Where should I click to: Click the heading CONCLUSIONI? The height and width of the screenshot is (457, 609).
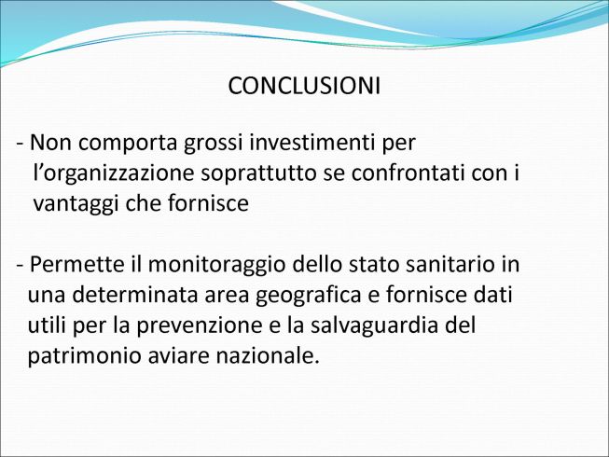coord(304,86)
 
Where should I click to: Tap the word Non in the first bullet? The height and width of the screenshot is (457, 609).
coord(50,143)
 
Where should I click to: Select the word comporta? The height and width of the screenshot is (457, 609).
coord(128,144)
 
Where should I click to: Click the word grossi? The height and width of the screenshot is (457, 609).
coord(214,144)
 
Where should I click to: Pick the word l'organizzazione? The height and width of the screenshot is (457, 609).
coord(114,174)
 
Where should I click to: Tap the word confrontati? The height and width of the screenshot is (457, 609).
coord(408,173)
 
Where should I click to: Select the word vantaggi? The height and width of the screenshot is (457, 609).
coord(76,204)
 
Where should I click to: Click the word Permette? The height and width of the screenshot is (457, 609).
coord(76,264)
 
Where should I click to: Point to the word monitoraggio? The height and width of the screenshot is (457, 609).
coord(217,266)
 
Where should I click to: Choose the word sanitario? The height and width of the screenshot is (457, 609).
coord(445,264)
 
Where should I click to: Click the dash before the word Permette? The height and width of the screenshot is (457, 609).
coord(21,266)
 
